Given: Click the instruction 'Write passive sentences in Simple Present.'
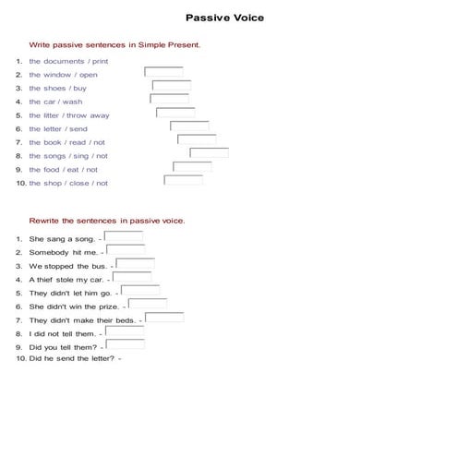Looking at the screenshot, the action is (114, 44).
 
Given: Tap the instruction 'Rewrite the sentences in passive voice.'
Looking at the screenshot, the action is (107, 222).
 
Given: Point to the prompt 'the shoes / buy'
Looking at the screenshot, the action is (57, 89).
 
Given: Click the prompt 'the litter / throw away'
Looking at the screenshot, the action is (68, 115).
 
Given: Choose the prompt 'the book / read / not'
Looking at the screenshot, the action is (66, 143).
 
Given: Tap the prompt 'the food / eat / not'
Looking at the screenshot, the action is (63, 170).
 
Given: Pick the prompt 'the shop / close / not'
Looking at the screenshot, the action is (67, 184).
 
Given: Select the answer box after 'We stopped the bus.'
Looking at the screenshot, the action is (135, 264).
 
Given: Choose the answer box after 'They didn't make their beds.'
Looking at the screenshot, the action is (164, 318).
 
